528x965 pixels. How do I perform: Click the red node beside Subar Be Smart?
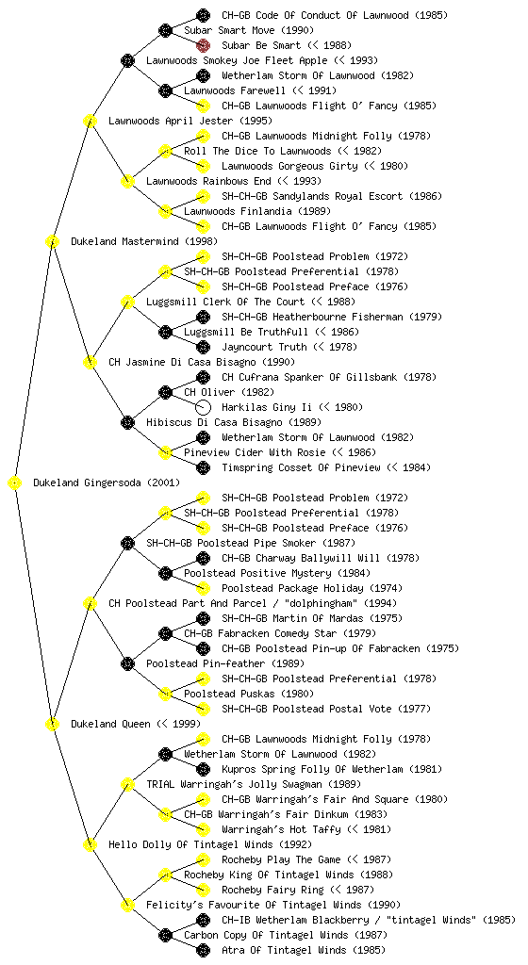tap(203, 45)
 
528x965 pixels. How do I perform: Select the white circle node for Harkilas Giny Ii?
tap(203, 407)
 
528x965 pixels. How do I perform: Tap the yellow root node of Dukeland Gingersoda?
tap(15, 483)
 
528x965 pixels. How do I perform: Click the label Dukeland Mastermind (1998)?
tap(144, 242)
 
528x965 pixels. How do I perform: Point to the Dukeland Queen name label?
tap(110, 725)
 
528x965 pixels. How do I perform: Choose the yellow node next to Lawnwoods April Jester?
tap(91, 122)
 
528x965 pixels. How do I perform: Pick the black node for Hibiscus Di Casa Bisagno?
tap(128, 423)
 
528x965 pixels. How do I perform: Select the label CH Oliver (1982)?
tap(229, 393)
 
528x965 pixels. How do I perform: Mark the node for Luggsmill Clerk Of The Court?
tap(128, 303)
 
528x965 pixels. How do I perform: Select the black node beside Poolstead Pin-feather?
tap(128, 664)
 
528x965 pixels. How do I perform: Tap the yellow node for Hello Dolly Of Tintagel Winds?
tap(91, 845)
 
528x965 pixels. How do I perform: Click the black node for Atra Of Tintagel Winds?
tap(203, 950)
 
